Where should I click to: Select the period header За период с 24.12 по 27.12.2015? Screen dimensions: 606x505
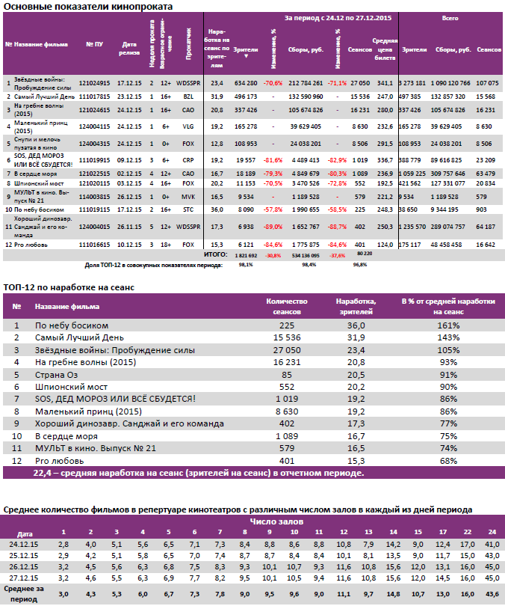pos(339,16)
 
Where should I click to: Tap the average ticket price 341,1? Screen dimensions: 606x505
pos(385,83)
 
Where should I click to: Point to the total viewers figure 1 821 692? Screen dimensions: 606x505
pos(246,254)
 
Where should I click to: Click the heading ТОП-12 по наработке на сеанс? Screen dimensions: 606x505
pos(71,287)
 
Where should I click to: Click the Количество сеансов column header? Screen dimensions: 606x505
pos(287,304)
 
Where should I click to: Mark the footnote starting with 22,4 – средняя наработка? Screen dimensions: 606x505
pos(199,473)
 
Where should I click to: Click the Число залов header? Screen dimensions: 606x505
pos(277,520)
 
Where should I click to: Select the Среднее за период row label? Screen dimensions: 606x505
pos(24,594)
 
